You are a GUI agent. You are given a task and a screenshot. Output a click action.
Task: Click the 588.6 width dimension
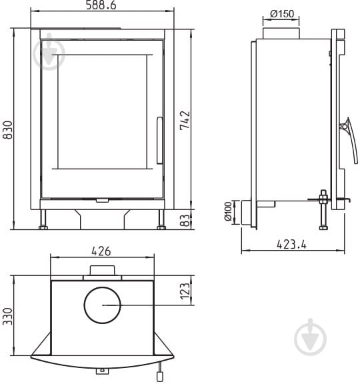click(x=101, y=5)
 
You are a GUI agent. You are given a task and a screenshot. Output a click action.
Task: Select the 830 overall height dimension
click(x=7, y=130)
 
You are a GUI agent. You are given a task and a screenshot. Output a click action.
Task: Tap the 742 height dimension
click(x=185, y=120)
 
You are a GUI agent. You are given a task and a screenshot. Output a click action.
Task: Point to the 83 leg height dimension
click(x=185, y=221)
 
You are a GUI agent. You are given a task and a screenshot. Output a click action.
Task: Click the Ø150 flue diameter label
click(x=282, y=14)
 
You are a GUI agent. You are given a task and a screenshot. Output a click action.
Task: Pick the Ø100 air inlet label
click(x=228, y=211)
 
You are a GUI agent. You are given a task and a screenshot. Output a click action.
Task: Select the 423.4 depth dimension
click(x=291, y=244)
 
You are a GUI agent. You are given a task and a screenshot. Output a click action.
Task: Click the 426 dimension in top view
click(x=101, y=251)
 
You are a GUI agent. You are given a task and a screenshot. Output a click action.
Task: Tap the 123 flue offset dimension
click(x=185, y=291)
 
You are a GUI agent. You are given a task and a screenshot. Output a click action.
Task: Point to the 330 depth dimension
click(x=7, y=317)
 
